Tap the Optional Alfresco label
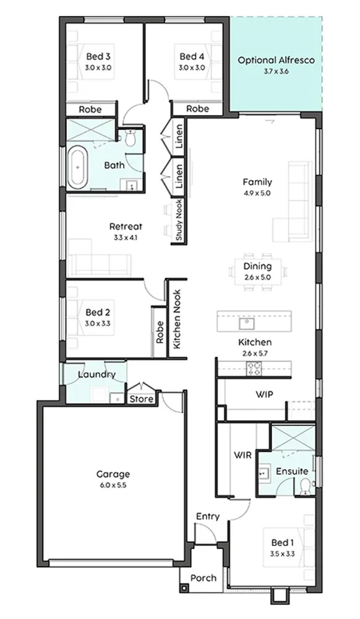point(276,61)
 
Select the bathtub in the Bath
point(77,167)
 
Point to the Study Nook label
point(179,220)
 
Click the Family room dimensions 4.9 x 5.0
point(257,193)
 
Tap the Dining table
point(257,272)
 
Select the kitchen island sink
point(247,323)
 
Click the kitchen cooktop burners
point(254,369)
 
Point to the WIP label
point(264,394)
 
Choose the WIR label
point(243,455)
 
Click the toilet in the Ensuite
point(305,487)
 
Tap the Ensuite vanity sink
point(264,472)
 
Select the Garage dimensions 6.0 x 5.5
point(113,485)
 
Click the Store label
point(142,399)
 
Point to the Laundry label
point(96,374)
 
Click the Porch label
point(204,578)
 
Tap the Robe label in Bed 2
point(160,332)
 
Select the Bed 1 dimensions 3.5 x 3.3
point(282,554)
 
